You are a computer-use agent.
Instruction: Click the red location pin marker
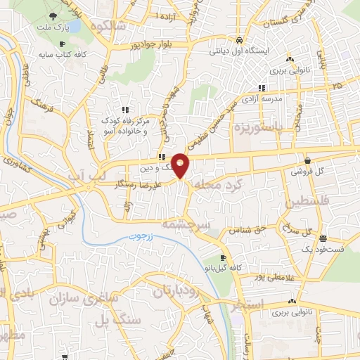(x=181, y=165)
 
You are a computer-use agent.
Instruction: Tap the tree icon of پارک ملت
(x=56, y=15)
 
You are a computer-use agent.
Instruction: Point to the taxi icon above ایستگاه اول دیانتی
(x=240, y=39)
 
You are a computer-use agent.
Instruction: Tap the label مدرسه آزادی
(x=262, y=99)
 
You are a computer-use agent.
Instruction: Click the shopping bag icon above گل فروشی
(x=307, y=160)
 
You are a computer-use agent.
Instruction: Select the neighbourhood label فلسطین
(x=303, y=203)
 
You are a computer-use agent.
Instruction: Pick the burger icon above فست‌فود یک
(x=323, y=238)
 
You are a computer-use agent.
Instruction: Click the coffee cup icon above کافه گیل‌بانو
(x=223, y=258)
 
